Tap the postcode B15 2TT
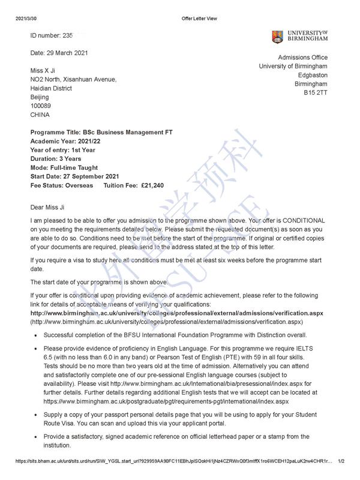pyautogui.click(x=316, y=94)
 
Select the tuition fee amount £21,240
pyautogui.click(x=147, y=186)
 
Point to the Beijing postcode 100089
pyautogui.click(x=41, y=105)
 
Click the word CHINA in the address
pyautogui.click(x=40, y=115)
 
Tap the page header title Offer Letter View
pyautogui.click(x=199, y=19)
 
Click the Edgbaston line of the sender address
pyautogui.click(x=313, y=76)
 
